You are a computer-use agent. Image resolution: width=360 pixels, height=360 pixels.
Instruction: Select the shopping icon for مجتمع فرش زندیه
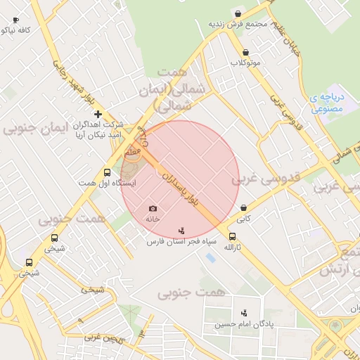pos(238,13)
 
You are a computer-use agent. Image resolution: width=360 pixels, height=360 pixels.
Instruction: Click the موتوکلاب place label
pos(245,63)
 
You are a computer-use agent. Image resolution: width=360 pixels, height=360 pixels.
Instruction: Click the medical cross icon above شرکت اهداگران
pos(98,114)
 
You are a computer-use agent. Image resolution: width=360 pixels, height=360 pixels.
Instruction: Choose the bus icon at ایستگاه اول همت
pos(107,172)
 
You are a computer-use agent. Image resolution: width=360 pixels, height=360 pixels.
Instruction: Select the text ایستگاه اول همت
pos(107,183)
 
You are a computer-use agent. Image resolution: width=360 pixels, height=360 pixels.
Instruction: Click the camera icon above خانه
pos(153,208)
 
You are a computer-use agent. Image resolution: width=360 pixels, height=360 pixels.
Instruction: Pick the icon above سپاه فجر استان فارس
pos(182,231)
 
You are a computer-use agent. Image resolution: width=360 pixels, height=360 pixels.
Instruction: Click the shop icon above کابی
pos(243,208)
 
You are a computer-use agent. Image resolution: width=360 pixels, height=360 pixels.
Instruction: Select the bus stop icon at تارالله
pos(232,237)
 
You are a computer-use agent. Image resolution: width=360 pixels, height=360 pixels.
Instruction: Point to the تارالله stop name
pos(232,248)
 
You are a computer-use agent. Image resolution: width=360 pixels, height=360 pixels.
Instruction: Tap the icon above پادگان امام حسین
pos(244,313)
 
